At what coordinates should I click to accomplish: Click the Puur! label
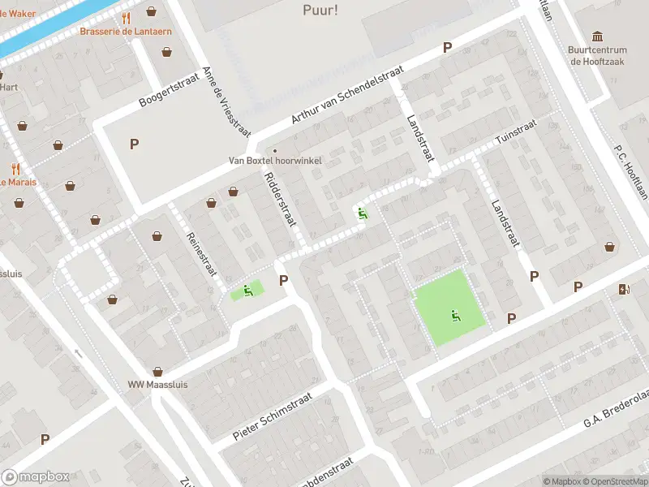point(320,11)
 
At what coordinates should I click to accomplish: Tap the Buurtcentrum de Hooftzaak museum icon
point(598,37)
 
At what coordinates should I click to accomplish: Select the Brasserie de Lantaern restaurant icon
point(126,17)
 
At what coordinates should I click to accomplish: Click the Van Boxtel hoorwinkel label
point(275,161)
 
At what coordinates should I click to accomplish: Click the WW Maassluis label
point(157,384)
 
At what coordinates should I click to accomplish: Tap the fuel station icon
point(623,289)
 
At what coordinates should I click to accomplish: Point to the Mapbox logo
point(35,476)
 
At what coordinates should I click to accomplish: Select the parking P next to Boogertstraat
point(134,144)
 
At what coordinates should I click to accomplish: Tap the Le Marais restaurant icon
point(15,169)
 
